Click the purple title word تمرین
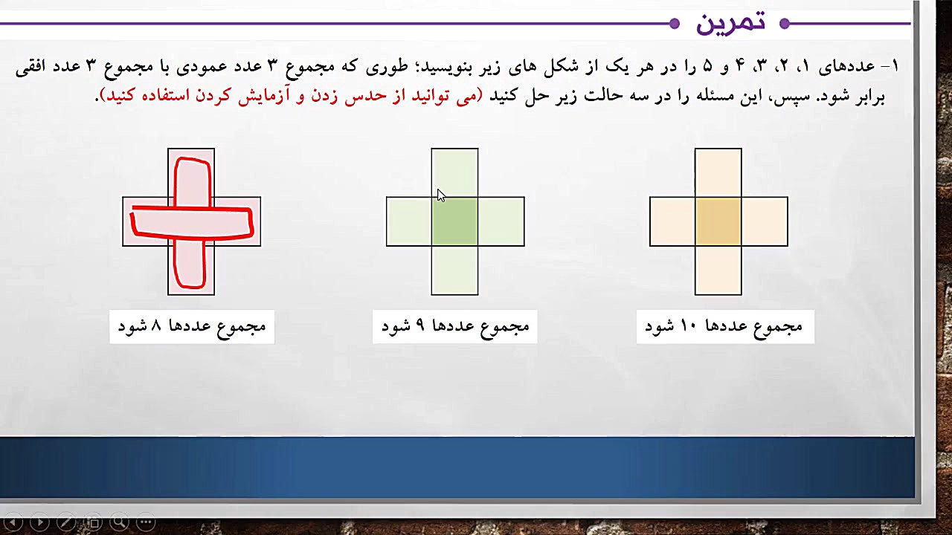[x=730, y=23]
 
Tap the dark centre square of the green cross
[x=454, y=221]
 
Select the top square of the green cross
[x=454, y=172]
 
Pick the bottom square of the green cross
[x=454, y=270]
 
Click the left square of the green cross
[x=409, y=221]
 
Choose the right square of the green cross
[x=501, y=221]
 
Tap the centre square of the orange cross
[x=718, y=221]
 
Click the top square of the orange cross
[x=718, y=172]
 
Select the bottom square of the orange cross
[x=718, y=270]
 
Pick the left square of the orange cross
[x=672, y=221]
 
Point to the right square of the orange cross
[x=765, y=221]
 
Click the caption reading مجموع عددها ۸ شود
[x=192, y=327]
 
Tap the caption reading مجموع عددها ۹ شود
[x=455, y=327]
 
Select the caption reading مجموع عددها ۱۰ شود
[x=724, y=327]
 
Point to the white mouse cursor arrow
[x=440, y=195]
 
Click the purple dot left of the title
[x=675, y=24]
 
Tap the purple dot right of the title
[x=784, y=24]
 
